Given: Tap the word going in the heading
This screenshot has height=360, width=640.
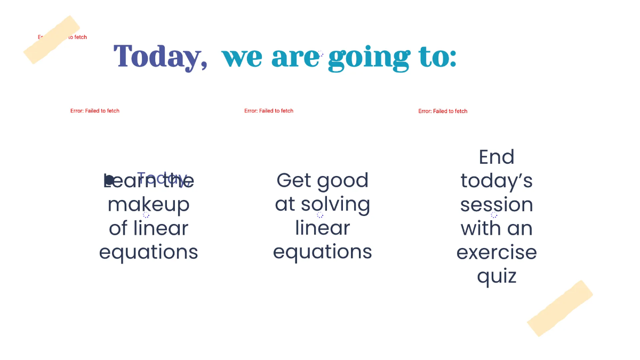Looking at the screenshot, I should coord(369,58).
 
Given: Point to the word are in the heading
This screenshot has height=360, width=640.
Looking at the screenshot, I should coord(295,58).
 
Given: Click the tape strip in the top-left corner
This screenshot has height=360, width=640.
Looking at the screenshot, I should coord(52,39).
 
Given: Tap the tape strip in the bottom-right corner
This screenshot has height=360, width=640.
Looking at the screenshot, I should coord(560,308).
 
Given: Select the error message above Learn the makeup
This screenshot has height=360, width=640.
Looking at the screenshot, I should coord(95,111).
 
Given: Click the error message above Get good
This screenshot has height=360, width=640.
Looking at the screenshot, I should coord(269,111).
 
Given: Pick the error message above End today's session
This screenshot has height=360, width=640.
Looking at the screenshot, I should coord(443,111).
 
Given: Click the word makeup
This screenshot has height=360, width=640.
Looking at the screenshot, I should coord(149,205).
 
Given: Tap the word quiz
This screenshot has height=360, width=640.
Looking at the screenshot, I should coord(497,276).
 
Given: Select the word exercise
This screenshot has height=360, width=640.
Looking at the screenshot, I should coord(497,252).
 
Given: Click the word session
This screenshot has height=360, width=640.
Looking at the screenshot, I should coord(497,205).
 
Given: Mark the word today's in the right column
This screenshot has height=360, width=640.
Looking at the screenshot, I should coord(497,181).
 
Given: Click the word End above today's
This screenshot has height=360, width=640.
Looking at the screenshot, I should coord(497,157).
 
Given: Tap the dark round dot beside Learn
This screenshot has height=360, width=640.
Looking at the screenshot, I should coord(109,180).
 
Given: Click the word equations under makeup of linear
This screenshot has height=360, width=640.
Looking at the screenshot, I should coord(149,252).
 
